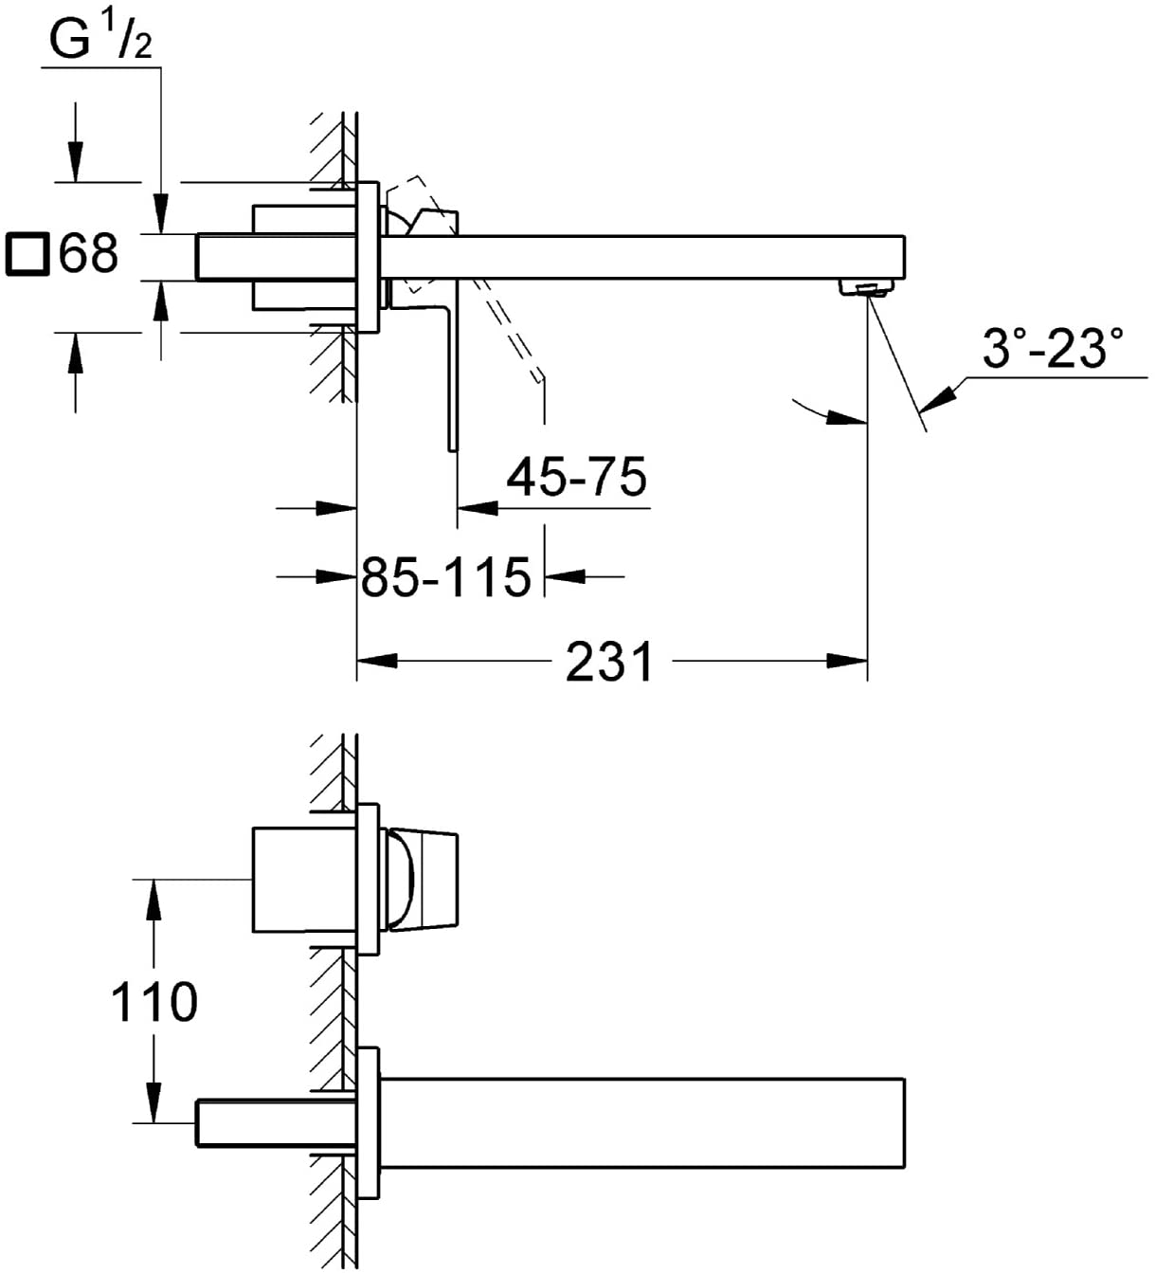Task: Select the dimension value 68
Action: [x=89, y=254]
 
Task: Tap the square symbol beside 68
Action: [x=27, y=255]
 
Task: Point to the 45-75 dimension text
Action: [x=576, y=476]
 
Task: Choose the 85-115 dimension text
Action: [x=445, y=576]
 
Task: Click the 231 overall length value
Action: [x=609, y=661]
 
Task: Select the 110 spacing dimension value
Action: [x=153, y=1002]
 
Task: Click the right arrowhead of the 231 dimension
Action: [x=847, y=661]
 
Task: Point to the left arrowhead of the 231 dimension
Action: [x=377, y=661]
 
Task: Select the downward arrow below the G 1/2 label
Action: [x=161, y=212]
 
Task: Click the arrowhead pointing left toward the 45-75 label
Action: [x=478, y=509]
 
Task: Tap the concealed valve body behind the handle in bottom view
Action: [x=303, y=880]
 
